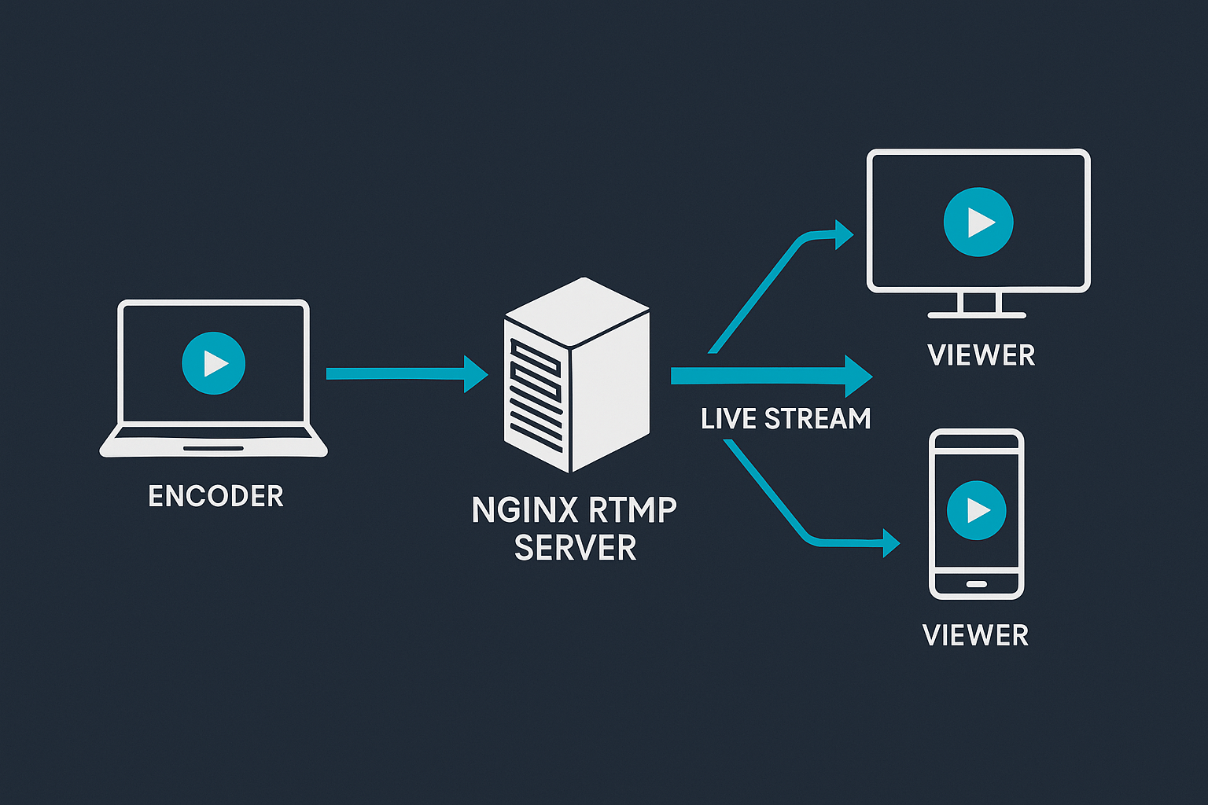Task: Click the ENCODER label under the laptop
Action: tap(215, 496)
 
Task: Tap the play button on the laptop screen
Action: tap(213, 362)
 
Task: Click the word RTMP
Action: tap(632, 510)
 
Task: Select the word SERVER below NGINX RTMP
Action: tap(575, 548)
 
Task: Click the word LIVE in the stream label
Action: tap(728, 419)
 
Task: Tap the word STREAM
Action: tap(818, 419)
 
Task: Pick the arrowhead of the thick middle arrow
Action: tap(857, 377)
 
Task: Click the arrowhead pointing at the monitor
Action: tap(843, 234)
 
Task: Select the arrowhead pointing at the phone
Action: tap(890, 542)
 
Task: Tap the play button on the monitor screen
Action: tap(978, 222)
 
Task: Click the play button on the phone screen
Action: tap(976, 510)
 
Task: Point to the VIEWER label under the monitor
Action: tap(981, 355)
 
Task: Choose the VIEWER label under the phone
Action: tap(975, 635)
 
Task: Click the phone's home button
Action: tap(976, 584)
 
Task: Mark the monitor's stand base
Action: tap(977, 315)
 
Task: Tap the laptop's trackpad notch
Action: tap(213, 449)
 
